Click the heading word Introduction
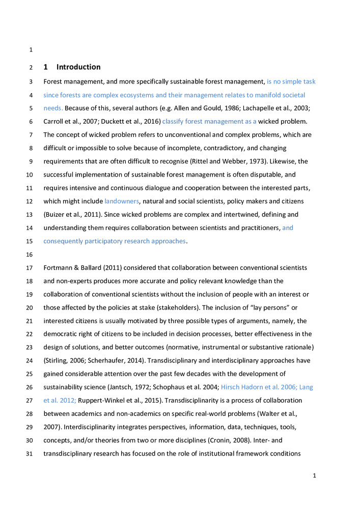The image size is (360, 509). tap(78, 67)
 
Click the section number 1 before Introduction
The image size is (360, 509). tap(46, 67)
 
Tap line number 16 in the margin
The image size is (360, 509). tap(31, 254)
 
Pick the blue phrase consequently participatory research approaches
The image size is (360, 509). tap(115, 241)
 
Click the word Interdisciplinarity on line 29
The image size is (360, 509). tap(78, 413)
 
